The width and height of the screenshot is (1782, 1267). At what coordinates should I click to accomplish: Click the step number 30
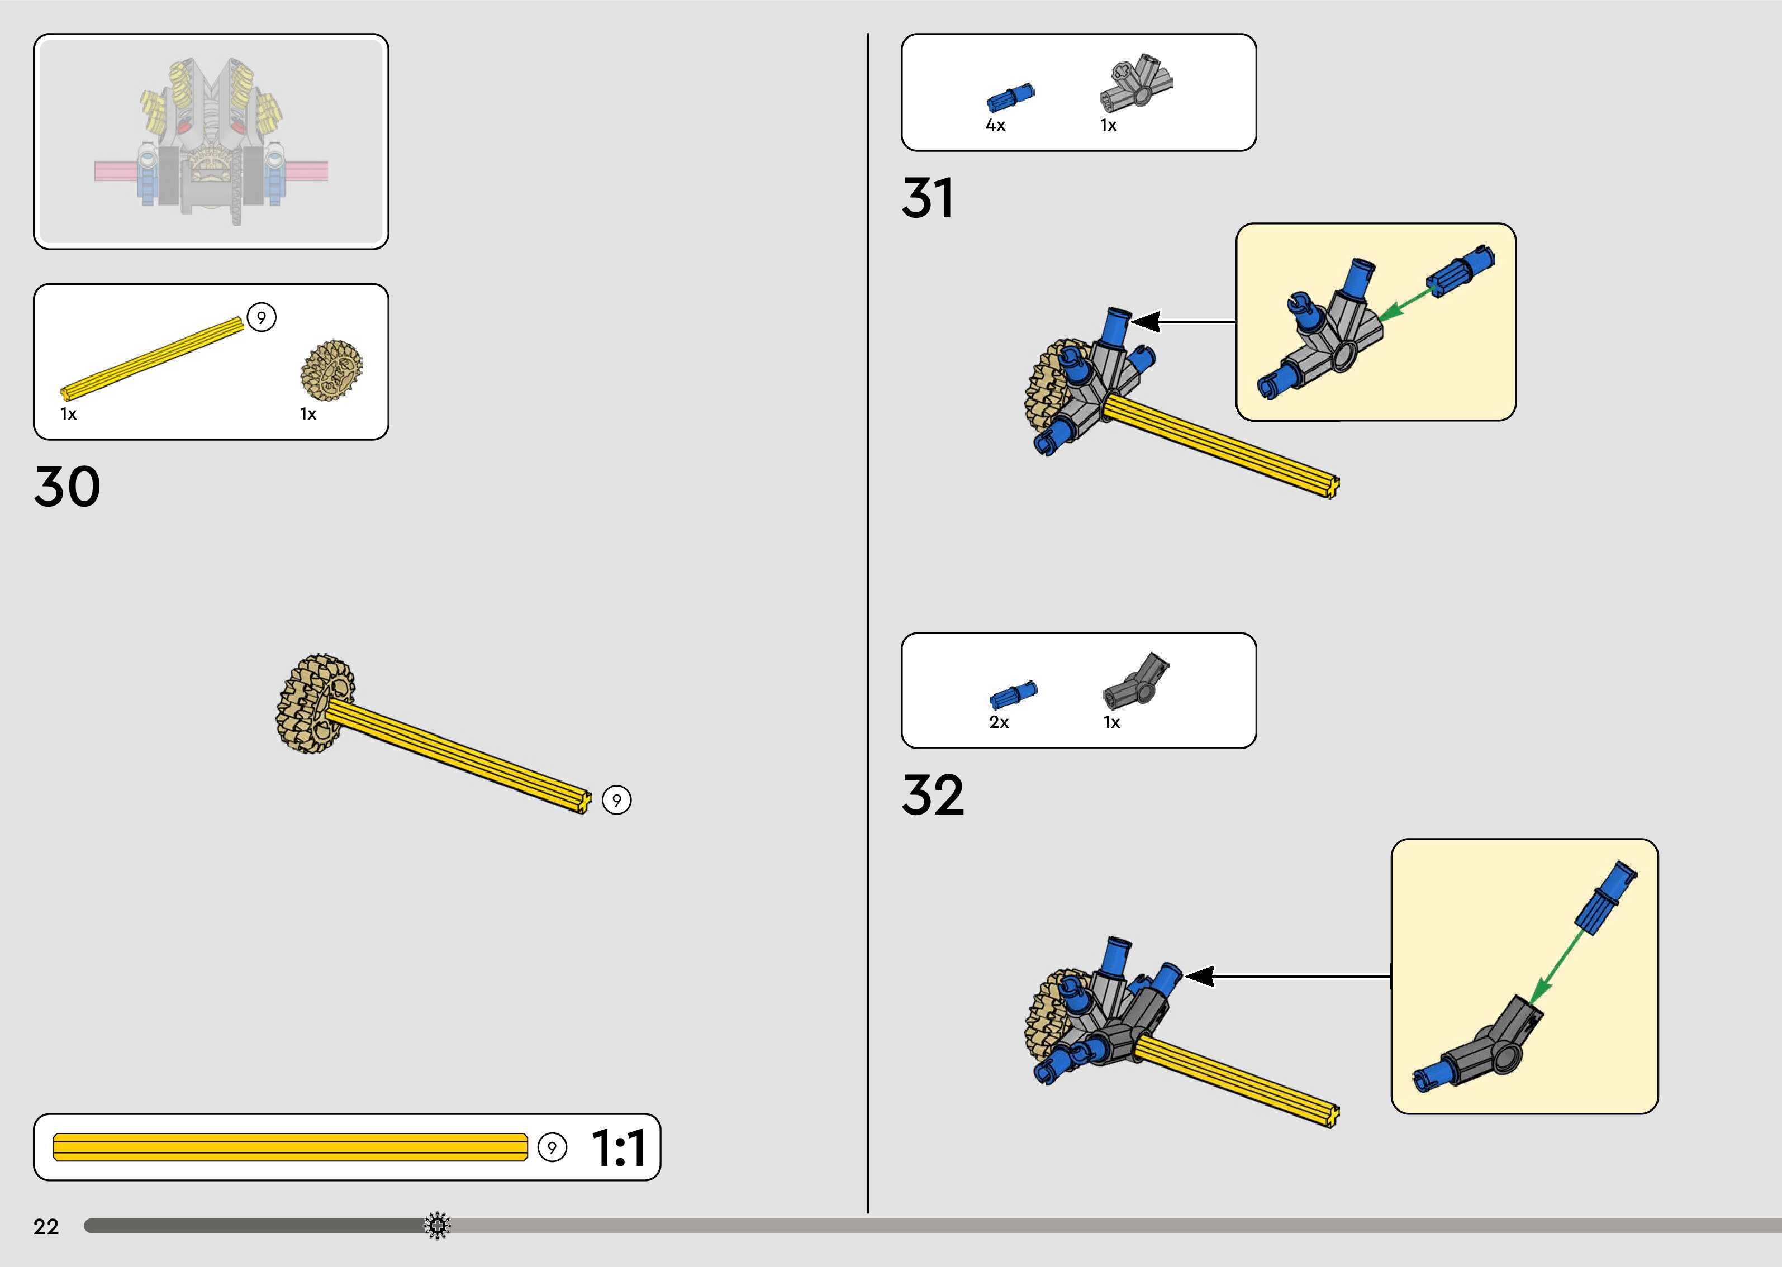click(x=67, y=486)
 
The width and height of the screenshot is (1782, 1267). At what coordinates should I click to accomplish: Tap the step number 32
click(x=933, y=795)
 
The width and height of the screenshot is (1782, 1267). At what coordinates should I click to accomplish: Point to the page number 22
click(x=46, y=1226)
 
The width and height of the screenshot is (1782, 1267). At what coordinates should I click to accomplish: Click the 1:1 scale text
click(x=618, y=1147)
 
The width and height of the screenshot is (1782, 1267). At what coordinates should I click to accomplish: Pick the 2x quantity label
click(x=999, y=722)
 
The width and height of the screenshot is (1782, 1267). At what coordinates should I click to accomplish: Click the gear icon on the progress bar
click(x=437, y=1226)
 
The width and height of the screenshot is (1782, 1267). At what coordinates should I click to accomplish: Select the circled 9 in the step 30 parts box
click(x=262, y=317)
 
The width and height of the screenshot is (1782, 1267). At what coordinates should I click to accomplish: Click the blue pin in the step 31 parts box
click(x=1010, y=98)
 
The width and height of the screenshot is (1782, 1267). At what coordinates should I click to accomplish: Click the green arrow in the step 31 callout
click(x=1404, y=304)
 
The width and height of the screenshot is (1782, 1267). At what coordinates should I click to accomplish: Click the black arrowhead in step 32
click(x=1199, y=976)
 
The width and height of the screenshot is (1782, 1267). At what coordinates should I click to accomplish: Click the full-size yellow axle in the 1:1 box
click(x=289, y=1147)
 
